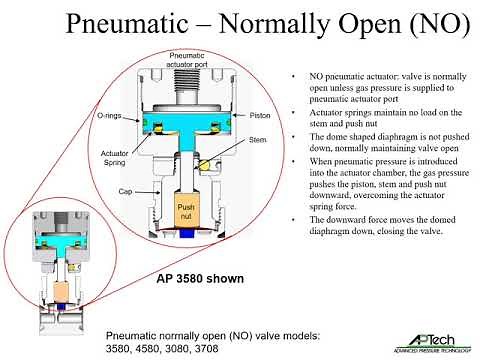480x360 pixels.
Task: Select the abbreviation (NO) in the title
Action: click(431, 24)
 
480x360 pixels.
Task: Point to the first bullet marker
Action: click(289, 76)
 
